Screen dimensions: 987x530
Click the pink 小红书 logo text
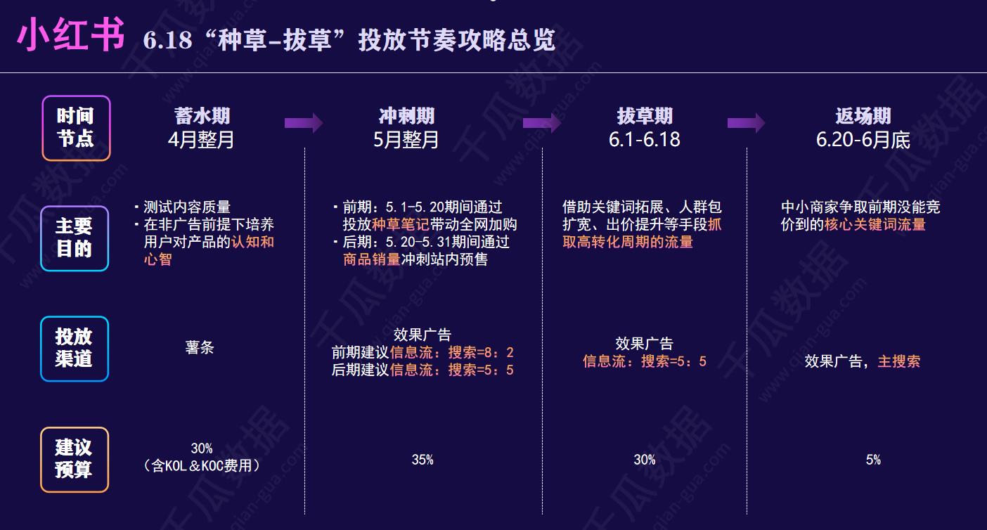70,35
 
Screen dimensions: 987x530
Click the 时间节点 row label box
76,128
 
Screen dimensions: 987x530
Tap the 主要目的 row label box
75,238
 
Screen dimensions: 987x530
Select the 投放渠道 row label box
75,348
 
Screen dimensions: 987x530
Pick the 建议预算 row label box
75,459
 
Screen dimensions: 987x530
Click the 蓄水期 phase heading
202,116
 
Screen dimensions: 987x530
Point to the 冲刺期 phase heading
406,116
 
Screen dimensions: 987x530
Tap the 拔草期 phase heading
645,116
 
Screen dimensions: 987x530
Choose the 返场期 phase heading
863,116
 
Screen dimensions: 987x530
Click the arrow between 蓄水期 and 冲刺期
304,123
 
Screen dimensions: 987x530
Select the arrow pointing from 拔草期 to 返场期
747,123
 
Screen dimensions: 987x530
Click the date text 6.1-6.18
645,140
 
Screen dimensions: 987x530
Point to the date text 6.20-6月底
863,140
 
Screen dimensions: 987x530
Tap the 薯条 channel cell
200,348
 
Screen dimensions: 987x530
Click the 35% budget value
422,460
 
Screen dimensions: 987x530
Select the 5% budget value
873,460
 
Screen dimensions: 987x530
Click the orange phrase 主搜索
899,361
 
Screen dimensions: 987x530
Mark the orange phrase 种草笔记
401,224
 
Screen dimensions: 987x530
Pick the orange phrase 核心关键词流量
875,224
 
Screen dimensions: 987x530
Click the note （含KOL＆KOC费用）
202,465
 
